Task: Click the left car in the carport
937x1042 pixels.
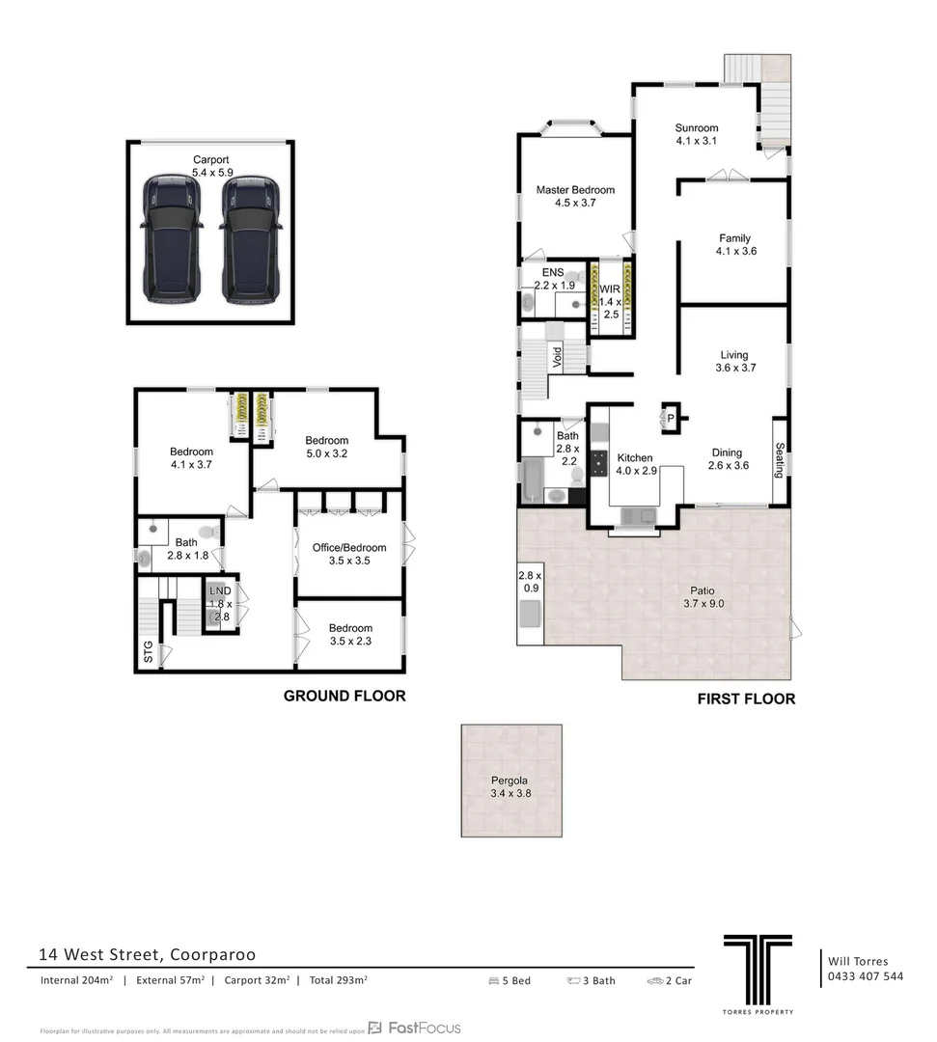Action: coord(171,238)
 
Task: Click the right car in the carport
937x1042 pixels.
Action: coord(250,238)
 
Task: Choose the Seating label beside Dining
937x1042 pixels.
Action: coord(780,460)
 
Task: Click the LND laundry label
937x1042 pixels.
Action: coord(220,591)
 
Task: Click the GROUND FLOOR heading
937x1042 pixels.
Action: coord(344,696)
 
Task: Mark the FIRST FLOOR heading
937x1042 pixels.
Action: coord(746,699)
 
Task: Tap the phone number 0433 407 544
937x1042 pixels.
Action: coord(866,976)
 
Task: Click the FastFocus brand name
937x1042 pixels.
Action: coord(424,1028)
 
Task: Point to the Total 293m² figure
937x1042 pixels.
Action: coord(338,980)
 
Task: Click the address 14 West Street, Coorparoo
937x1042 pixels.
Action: coord(147,954)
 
